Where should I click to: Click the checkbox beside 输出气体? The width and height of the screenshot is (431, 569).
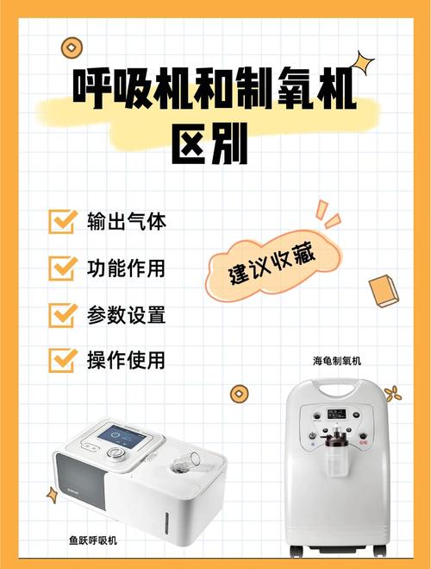(x=62, y=221)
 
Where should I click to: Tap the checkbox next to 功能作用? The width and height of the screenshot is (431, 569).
(x=62, y=269)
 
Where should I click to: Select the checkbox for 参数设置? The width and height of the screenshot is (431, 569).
(x=62, y=314)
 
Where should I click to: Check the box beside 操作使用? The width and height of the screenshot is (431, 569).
(x=62, y=360)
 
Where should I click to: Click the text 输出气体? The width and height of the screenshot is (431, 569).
(x=127, y=221)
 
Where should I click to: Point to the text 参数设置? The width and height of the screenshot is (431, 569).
(x=127, y=314)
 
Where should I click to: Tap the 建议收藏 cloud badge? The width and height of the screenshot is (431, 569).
(x=273, y=266)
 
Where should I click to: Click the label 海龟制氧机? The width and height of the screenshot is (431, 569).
(x=337, y=361)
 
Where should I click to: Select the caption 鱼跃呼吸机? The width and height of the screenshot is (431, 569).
(x=93, y=541)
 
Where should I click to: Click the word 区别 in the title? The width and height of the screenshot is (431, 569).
(x=209, y=143)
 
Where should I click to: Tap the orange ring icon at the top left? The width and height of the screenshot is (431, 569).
(x=72, y=47)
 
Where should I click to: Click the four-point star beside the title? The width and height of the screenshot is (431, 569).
(x=363, y=64)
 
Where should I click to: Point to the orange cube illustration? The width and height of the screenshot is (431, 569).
(x=384, y=291)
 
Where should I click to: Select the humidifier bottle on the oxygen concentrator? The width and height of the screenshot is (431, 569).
(x=337, y=452)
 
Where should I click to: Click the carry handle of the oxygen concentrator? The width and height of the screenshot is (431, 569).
(x=337, y=389)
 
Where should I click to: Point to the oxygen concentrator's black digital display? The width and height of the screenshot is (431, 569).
(x=336, y=414)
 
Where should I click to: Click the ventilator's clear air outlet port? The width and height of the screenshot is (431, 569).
(x=185, y=461)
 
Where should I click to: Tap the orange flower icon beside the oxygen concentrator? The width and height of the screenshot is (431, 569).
(x=392, y=394)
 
